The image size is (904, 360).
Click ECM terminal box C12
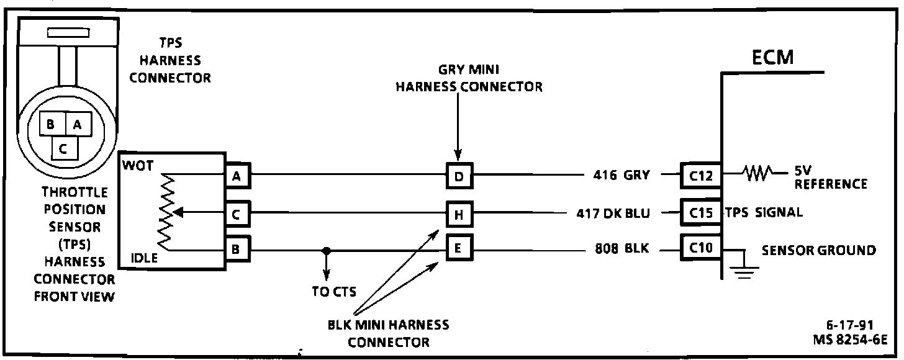click(x=700, y=176)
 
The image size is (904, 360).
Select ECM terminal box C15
click(x=700, y=212)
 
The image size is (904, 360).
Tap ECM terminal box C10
click(x=700, y=250)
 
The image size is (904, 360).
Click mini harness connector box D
click(x=459, y=177)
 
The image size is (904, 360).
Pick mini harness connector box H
click(x=459, y=215)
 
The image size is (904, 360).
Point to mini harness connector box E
click(x=459, y=250)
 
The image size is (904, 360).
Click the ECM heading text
click(x=772, y=58)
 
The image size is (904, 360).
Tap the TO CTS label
click(x=334, y=292)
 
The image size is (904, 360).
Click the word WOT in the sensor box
click(x=137, y=166)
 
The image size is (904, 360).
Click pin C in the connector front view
click(x=64, y=148)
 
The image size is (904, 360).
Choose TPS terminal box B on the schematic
click(x=237, y=250)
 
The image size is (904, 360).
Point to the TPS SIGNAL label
click(x=764, y=212)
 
